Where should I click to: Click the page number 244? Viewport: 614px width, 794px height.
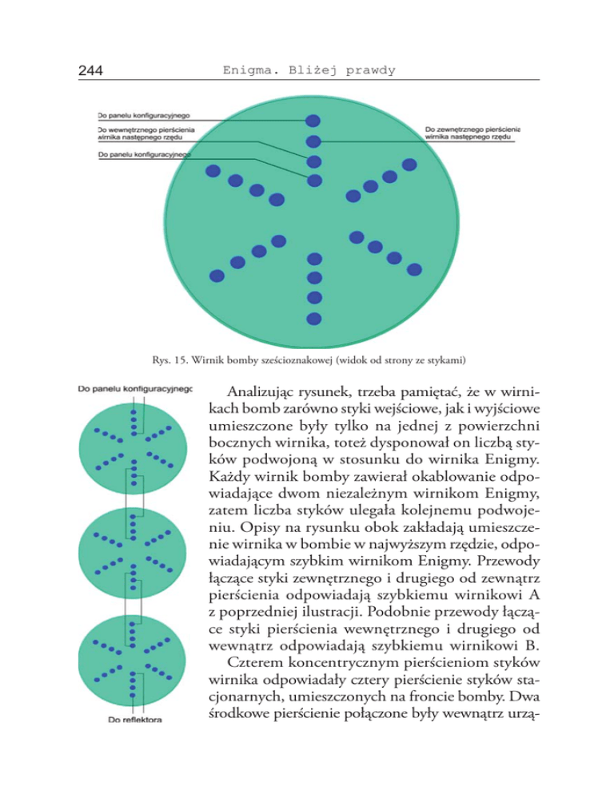[x=94, y=71]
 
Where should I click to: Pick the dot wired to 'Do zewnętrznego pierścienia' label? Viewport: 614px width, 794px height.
[x=314, y=142]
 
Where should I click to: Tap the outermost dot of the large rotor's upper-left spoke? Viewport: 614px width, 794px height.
[x=213, y=170]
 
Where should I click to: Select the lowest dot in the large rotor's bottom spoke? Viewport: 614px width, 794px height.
[x=314, y=317]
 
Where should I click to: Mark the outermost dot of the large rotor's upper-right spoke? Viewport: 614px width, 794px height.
[x=409, y=165]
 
